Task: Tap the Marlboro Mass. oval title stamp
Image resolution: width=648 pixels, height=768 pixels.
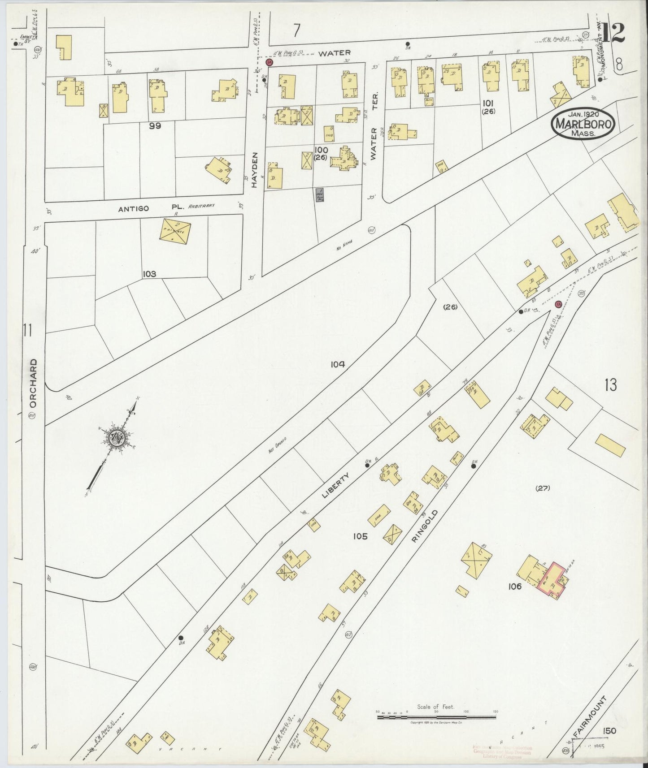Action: click(583, 124)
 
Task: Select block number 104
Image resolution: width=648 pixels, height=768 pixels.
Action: click(338, 365)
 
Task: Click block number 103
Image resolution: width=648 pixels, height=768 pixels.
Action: click(149, 274)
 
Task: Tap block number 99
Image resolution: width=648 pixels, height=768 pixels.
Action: click(155, 126)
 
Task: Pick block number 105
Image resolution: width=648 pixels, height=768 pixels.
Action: click(360, 536)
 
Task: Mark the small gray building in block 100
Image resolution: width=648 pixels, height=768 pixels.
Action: click(320, 194)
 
